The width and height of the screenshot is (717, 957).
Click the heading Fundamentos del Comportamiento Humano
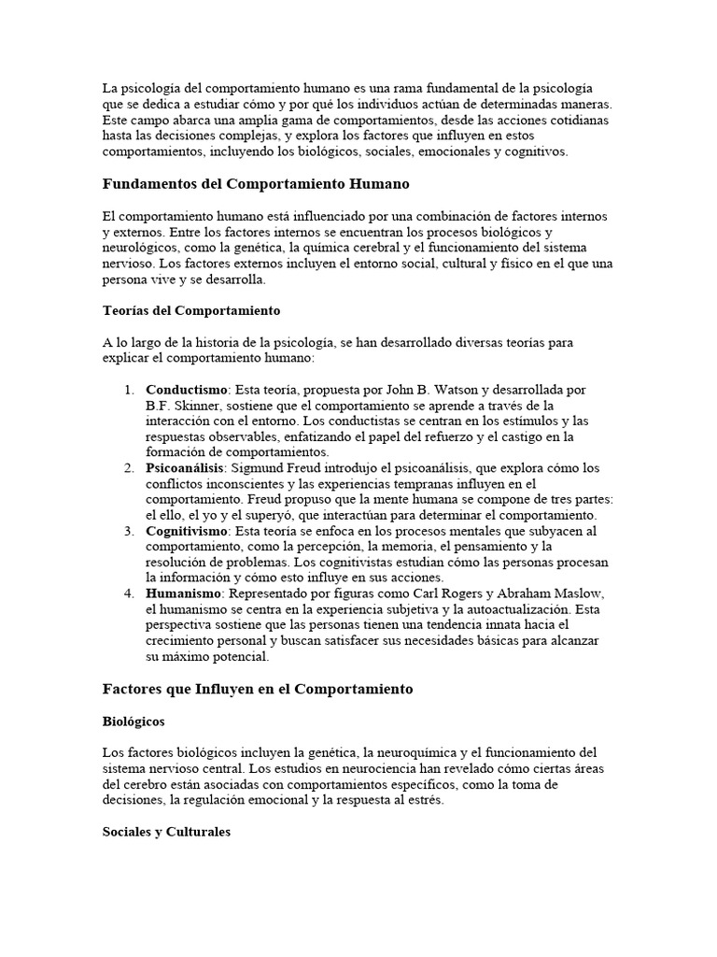[x=256, y=184]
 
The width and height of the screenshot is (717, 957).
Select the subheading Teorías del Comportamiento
[x=191, y=309]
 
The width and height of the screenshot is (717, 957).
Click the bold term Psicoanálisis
[x=185, y=467]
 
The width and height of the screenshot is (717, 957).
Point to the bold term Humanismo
[x=182, y=594]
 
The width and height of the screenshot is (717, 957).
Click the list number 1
[x=129, y=389]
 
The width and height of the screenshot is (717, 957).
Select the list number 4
[x=129, y=594]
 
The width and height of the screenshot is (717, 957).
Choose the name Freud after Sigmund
[x=314, y=467]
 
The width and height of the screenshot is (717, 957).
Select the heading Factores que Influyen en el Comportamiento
[x=258, y=689]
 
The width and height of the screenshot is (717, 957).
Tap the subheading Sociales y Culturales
[x=165, y=831]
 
